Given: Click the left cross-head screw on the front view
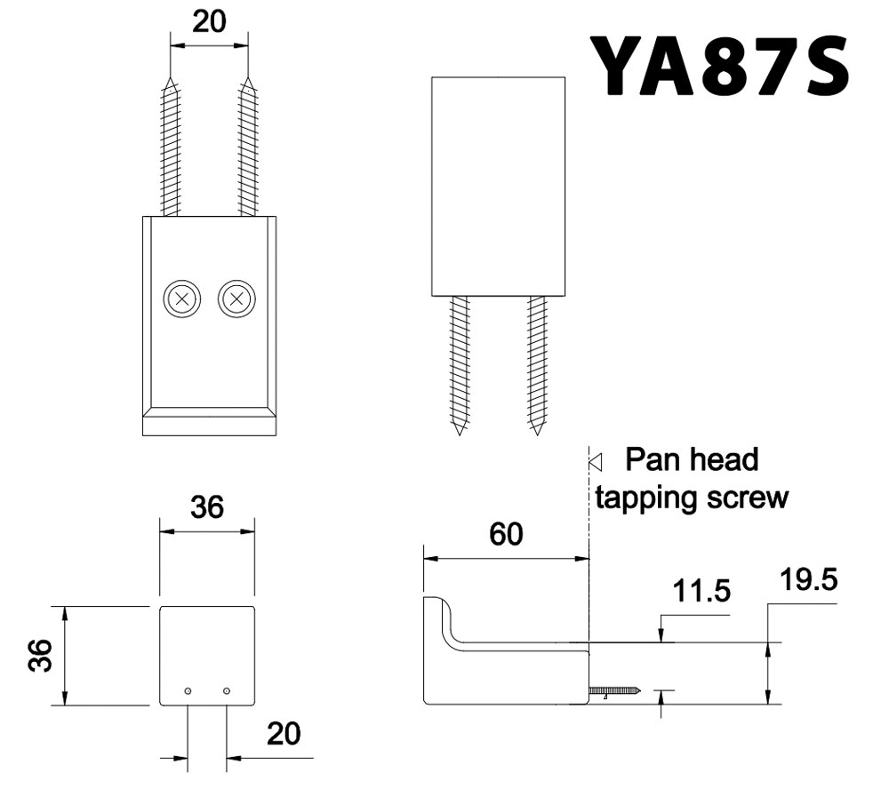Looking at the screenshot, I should point(182,299).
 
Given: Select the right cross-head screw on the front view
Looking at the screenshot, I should point(236,299).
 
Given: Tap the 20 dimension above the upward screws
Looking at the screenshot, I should point(208,23).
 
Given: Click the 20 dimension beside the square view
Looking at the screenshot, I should point(283,734).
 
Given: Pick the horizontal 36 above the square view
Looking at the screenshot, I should point(206,507).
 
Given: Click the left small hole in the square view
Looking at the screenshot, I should point(188,691).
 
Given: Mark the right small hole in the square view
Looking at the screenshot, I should point(227,691).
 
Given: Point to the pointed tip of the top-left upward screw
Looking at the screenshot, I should point(169,83).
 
